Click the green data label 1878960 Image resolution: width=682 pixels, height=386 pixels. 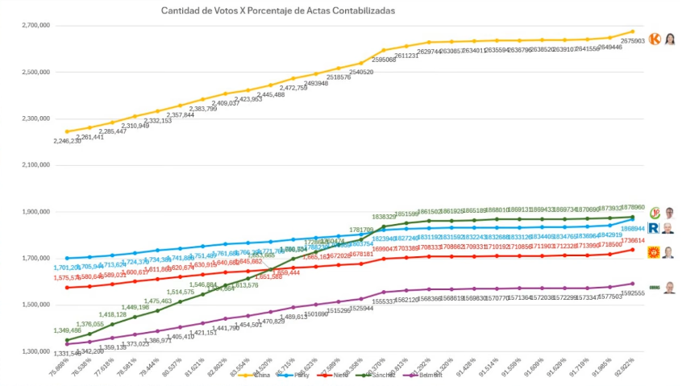633,206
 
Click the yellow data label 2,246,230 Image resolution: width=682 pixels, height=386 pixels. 67,141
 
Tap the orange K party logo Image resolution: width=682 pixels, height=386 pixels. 654,38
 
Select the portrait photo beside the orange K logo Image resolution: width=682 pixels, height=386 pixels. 669,38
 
